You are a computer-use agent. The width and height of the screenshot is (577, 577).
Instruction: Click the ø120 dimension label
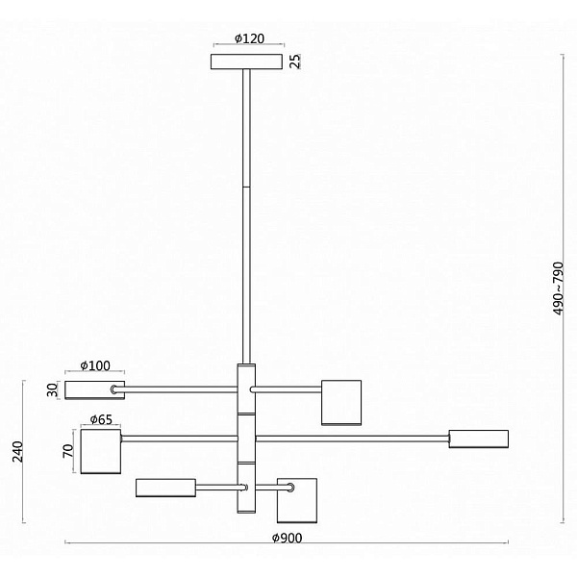(x=249, y=38)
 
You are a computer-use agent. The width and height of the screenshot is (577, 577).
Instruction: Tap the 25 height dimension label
(x=295, y=62)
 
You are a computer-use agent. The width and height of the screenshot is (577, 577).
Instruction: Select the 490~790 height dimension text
(x=558, y=288)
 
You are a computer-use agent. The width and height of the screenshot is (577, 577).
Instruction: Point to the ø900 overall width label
(x=287, y=538)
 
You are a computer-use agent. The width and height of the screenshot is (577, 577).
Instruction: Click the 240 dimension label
(x=17, y=452)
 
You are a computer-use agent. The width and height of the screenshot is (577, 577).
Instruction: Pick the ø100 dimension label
(x=95, y=365)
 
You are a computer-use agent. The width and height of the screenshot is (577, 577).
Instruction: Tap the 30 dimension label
(x=53, y=390)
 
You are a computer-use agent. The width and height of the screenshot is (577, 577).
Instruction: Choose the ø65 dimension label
(x=101, y=419)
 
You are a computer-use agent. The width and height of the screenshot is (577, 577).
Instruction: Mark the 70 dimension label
(x=68, y=451)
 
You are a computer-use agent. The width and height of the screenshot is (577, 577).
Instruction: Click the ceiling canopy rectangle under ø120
(x=246, y=62)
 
